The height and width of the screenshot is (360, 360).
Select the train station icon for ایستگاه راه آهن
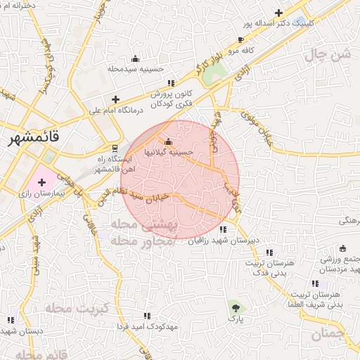click(x=115, y=148)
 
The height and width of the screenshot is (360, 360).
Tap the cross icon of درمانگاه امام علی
click(x=116, y=99)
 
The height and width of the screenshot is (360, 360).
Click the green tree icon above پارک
click(x=235, y=307)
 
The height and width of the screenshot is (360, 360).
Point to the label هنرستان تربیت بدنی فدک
click(x=264, y=266)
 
